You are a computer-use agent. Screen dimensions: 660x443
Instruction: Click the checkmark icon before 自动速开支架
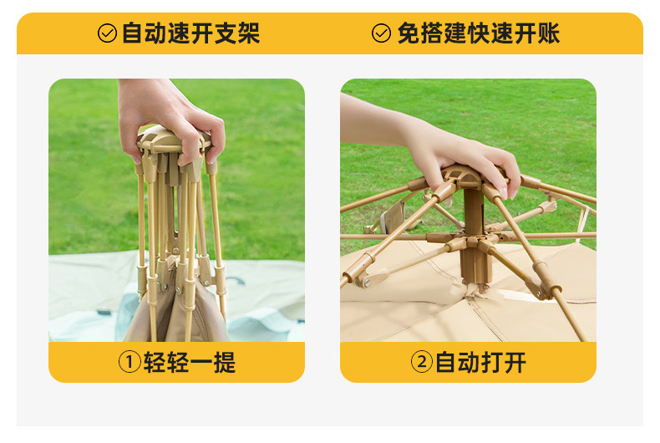(x=107, y=33)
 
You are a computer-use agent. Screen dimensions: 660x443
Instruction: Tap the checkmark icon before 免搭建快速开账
(x=381, y=33)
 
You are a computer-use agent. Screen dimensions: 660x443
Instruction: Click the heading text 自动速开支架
(x=190, y=33)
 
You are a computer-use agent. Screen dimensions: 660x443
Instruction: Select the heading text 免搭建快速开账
(x=479, y=33)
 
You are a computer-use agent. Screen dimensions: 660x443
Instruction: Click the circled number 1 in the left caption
(x=129, y=362)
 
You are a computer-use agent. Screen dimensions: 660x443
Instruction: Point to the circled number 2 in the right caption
(x=421, y=362)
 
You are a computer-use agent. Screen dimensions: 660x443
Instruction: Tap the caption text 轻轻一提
(x=190, y=362)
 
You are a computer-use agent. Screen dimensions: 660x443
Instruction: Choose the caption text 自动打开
(x=480, y=362)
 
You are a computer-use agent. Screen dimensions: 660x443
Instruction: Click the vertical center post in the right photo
(x=474, y=236)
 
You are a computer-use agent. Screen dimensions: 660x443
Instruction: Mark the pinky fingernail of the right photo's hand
(x=512, y=193)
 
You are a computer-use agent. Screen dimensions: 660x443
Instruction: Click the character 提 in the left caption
(x=225, y=362)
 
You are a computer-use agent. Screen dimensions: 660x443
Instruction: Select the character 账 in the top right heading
(x=549, y=33)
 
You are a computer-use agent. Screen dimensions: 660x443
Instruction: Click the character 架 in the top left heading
(x=249, y=33)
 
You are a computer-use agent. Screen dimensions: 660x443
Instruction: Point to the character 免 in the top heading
(x=409, y=33)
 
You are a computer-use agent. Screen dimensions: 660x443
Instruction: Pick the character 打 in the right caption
(x=491, y=362)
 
